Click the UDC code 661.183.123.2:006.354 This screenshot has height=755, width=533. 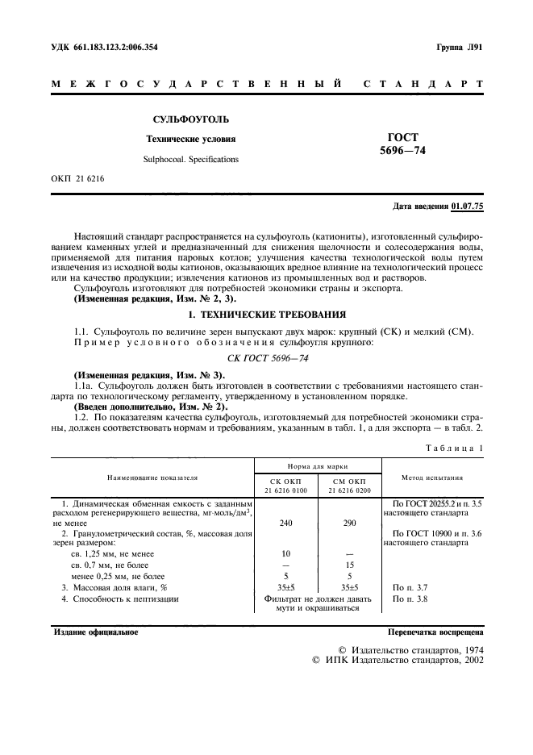click(x=106, y=48)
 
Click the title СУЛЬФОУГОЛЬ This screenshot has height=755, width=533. click(x=189, y=119)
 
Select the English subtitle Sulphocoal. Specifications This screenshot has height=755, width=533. click(x=191, y=160)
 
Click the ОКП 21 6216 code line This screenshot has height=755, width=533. click(x=78, y=178)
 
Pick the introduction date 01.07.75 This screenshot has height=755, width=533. click(x=468, y=206)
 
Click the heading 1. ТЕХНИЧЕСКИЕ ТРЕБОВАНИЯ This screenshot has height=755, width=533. click(x=266, y=313)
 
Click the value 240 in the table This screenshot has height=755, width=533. click(x=286, y=523)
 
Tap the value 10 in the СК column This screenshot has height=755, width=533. click(x=286, y=554)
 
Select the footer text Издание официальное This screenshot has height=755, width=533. click(x=95, y=632)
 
